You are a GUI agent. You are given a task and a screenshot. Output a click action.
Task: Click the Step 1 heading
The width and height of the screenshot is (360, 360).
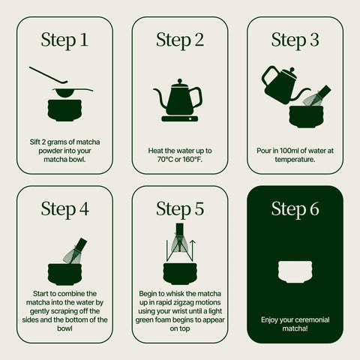(x=64, y=40)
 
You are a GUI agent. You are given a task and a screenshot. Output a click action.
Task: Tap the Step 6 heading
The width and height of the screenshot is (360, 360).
(x=295, y=209)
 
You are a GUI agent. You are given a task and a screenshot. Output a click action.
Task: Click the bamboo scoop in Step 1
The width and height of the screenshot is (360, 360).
(x=47, y=74)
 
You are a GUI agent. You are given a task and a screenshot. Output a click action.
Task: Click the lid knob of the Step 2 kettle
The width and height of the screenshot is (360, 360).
(x=180, y=81)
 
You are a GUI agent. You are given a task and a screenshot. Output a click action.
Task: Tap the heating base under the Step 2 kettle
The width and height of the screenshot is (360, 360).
(x=180, y=118)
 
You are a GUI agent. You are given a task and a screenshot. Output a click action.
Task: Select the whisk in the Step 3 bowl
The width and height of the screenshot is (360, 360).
(x=317, y=96)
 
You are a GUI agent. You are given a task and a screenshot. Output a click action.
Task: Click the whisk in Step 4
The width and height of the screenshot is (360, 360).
(x=75, y=251)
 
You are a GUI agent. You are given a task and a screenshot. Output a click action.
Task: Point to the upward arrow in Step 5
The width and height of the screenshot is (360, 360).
(x=192, y=250)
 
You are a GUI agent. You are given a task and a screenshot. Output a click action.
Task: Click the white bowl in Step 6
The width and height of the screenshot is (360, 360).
(x=295, y=272)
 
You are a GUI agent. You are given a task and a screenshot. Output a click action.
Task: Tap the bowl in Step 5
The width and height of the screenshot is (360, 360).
(x=180, y=274)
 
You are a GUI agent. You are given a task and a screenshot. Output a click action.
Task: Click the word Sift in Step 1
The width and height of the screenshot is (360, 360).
(x=34, y=142)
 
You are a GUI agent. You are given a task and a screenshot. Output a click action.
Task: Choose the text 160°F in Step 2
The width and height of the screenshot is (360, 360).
(x=193, y=159)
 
